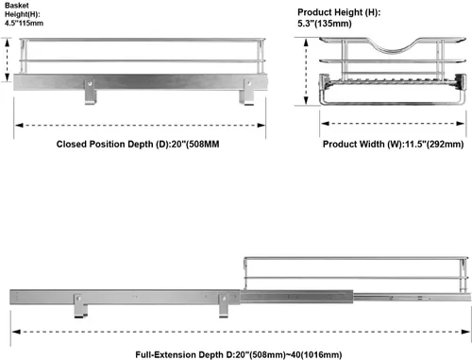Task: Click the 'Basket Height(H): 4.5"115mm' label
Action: point(24,14)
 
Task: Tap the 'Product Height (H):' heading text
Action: point(339,12)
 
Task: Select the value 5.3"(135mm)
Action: point(325,24)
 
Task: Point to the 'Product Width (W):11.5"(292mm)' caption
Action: point(393,145)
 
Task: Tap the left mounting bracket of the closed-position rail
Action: point(90,92)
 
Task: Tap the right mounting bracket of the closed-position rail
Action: point(247,92)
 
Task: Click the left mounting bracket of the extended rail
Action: point(80,305)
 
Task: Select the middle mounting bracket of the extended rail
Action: point(224,305)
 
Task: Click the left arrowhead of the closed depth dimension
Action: point(19,126)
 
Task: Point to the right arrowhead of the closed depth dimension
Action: point(261,126)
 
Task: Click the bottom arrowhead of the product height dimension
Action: point(306,101)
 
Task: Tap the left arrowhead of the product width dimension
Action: point(325,124)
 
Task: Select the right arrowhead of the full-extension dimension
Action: point(466,332)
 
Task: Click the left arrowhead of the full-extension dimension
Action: point(16,332)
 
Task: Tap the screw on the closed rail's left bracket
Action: point(90,84)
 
